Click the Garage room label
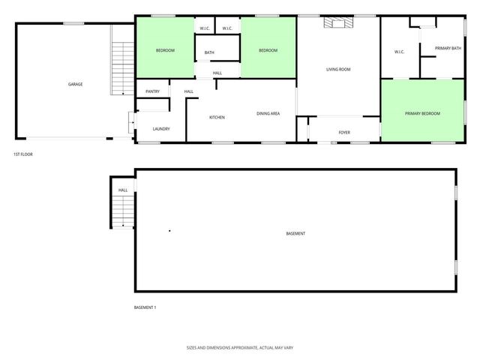(75, 84)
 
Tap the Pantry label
(152, 91)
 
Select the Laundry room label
(160, 129)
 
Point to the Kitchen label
(217, 117)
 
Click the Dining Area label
(268, 113)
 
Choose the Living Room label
(338, 70)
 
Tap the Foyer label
(344, 133)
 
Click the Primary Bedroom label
(422, 113)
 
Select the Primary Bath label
(446, 49)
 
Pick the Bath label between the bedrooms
(209, 52)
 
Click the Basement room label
(295, 234)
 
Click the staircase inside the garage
(120, 68)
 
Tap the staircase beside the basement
(122, 211)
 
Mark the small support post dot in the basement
(169, 230)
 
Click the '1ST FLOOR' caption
(22, 154)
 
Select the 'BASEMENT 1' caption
(145, 307)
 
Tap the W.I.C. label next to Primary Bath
(399, 52)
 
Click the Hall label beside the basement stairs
(123, 190)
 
